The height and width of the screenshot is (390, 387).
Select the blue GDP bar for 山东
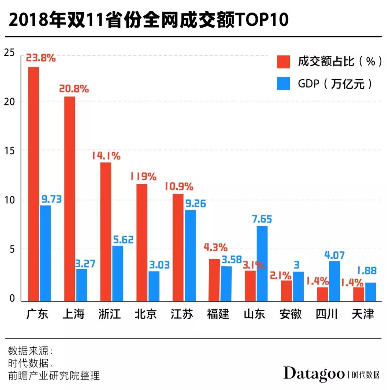click(x=262, y=263)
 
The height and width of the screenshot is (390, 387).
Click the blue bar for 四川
click(x=334, y=281)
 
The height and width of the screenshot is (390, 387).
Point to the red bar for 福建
click(x=214, y=280)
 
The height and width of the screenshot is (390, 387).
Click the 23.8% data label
click(x=40, y=58)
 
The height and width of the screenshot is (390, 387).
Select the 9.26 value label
click(x=196, y=204)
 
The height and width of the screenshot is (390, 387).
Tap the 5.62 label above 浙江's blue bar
click(x=123, y=239)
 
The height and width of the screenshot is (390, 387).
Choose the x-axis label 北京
click(x=145, y=314)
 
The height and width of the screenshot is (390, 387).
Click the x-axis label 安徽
click(x=290, y=314)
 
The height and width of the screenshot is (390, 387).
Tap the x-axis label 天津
click(x=363, y=314)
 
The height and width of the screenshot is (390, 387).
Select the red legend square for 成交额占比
click(x=283, y=61)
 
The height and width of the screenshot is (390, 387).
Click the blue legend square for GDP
click(x=283, y=84)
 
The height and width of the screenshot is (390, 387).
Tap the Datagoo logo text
click(x=314, y=374)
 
